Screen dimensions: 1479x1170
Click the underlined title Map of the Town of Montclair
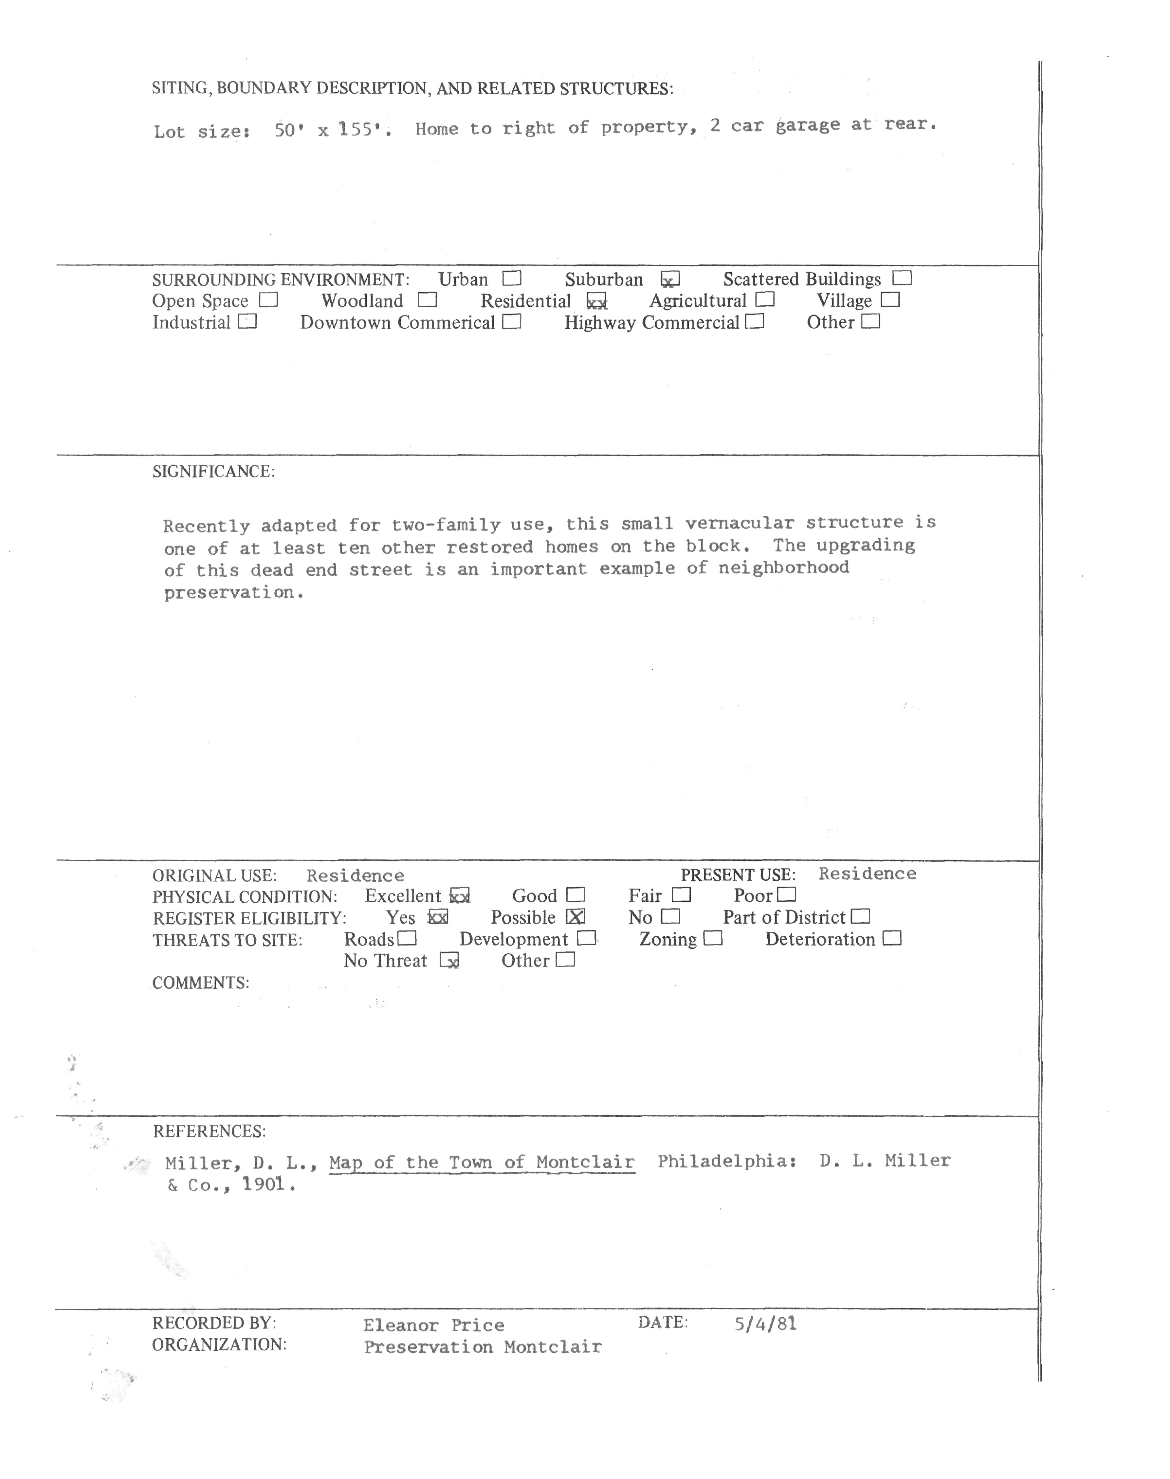click(482, 1163)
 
